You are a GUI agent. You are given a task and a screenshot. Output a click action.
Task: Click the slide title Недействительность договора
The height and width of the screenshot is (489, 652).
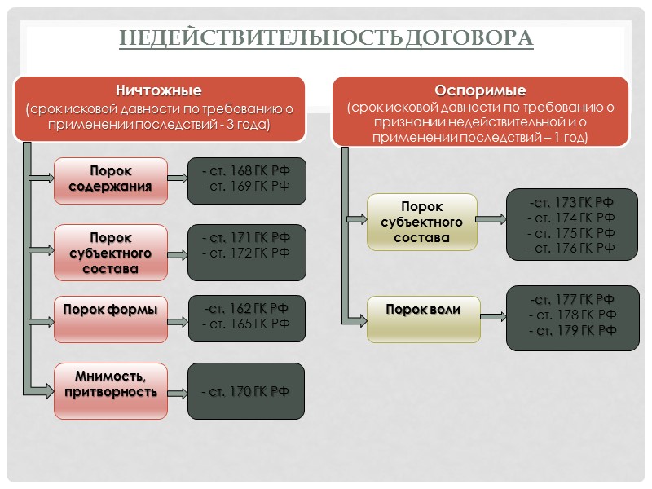tap(326, 38)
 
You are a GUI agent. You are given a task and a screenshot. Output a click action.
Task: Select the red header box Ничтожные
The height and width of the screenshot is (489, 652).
tap(159, 108)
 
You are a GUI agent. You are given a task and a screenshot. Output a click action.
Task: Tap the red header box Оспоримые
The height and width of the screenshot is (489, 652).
tap(479, 112)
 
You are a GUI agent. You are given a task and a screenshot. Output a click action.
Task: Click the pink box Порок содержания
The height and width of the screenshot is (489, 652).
tap(111, 178)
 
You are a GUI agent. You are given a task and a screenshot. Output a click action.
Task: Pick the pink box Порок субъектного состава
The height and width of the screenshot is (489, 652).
tap(111, 252)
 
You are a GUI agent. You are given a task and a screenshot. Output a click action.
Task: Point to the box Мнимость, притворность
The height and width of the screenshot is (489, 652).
tap(111, 384)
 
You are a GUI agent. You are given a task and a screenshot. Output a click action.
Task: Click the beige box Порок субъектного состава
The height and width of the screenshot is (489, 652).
tap(421, 222)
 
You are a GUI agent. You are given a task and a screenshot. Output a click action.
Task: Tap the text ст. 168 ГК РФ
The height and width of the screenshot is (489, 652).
tap(247, 171)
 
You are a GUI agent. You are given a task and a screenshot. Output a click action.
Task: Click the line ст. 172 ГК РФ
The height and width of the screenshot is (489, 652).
tap(247, 253)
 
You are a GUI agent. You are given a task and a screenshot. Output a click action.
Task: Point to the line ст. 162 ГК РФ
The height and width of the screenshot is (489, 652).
tap(246, 308)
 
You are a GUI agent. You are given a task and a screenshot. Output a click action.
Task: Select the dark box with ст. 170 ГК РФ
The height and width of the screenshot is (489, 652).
tap(246, 392)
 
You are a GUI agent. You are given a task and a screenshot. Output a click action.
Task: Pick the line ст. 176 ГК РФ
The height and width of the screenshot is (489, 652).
tap(571, 248)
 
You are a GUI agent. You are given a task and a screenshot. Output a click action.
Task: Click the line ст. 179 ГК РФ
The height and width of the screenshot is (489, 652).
tap(571, 330)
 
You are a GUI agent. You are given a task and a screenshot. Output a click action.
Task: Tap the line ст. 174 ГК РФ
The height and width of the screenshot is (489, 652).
tap(571, 218)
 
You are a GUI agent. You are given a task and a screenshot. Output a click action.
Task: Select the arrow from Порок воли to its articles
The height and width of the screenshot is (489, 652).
tap(493, 311)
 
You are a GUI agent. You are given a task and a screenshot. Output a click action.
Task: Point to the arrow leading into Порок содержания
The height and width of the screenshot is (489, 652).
tap(42, 176)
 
